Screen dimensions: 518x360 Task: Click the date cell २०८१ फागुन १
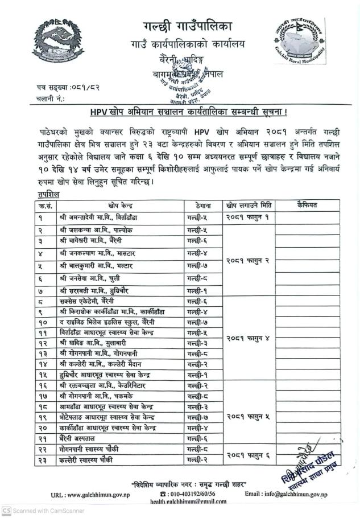click(x=247, y=217)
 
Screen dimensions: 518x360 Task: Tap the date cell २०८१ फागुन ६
click(x=247, y=454)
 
